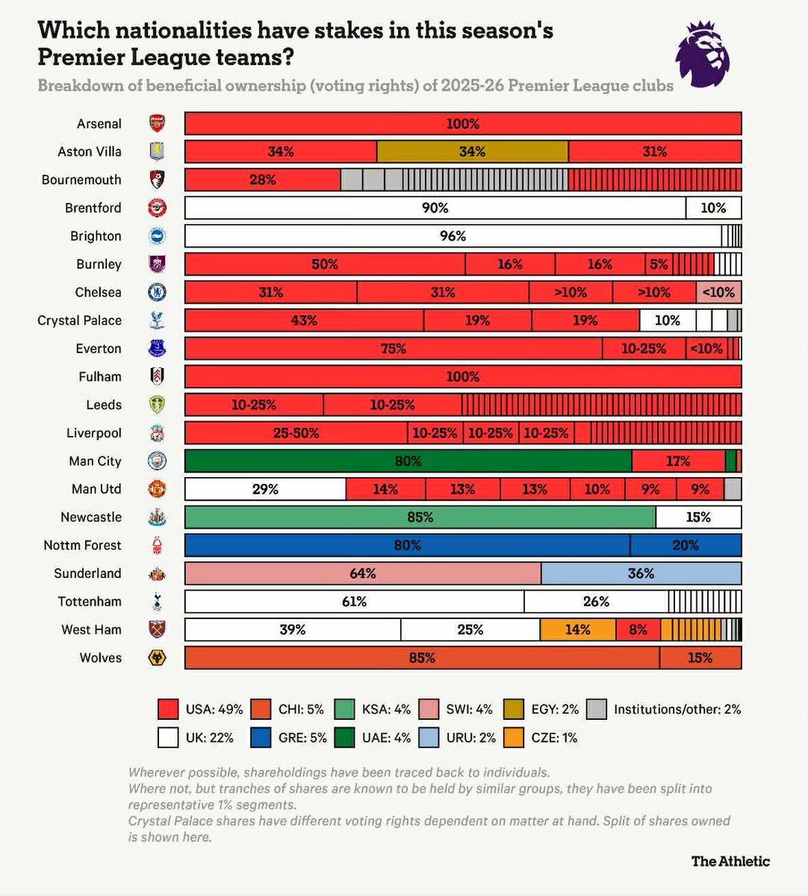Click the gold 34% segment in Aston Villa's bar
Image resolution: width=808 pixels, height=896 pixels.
(x=472, y=152)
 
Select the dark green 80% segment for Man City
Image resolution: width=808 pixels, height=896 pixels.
(x=408, y=461)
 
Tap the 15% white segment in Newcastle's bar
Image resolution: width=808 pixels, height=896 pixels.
(x=698, y=517)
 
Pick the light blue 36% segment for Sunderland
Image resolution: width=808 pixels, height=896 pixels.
(x=641, y=573)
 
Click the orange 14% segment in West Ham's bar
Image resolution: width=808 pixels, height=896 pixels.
(x=577, y=630)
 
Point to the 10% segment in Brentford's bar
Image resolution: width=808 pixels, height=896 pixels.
(x=713, y=208)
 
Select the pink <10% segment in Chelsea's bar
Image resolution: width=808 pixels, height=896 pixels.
(x=718, y=293)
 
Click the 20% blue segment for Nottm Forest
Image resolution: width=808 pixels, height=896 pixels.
(x=685, y=546)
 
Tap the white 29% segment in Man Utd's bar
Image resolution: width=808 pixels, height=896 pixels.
(x=265, y=490)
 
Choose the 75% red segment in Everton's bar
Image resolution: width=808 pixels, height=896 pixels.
(x=393, y=349)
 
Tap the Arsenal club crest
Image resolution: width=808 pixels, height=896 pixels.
(x=157, y=124)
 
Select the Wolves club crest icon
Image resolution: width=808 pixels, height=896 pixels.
(x=157, y=658)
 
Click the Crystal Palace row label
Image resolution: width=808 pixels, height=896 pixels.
(x=79, y=320)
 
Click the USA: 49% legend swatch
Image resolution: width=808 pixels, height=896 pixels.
(x=168, y=709)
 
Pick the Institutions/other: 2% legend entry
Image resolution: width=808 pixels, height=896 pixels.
(x=665, y=709)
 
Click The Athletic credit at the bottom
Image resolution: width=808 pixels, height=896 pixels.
(x=730, y=861)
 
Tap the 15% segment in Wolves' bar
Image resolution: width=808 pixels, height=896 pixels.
(x=700, y=658)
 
